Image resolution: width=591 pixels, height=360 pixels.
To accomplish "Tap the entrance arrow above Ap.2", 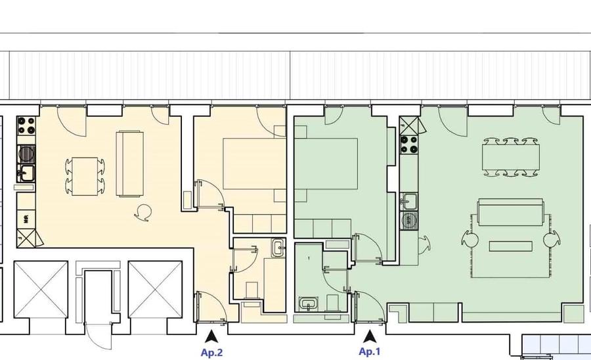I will click(x=211, y=336).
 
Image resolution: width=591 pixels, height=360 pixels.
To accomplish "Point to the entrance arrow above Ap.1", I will click(x=370, y=336).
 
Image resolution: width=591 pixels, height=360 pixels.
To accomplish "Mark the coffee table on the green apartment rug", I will click(x=511, y=246).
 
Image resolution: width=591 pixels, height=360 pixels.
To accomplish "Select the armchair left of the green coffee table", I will click(x=471, y=240).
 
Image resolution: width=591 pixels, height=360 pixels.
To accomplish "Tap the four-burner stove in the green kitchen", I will click(x=409, y=143).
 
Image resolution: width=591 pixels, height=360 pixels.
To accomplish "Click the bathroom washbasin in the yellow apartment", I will click(x=277, y=248).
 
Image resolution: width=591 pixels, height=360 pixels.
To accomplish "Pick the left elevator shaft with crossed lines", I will click(x=40, y=290).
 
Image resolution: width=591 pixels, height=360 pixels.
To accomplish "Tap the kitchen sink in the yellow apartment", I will click(x=26, y=173).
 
